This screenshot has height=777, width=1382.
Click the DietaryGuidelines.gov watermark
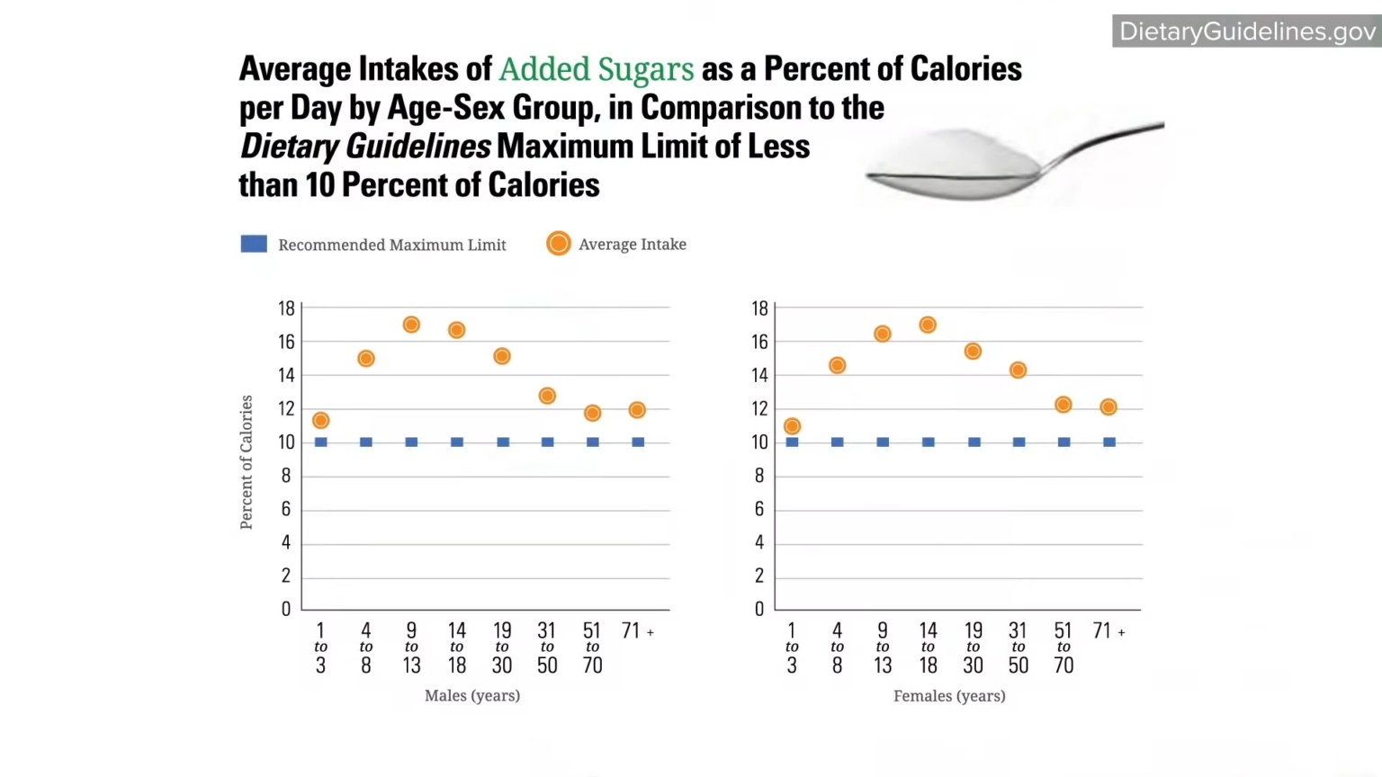click(1247, 31)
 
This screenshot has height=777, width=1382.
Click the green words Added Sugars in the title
click(597, 69)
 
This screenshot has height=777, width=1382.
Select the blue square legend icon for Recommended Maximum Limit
click(254, 244)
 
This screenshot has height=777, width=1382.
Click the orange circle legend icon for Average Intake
click(558, 244)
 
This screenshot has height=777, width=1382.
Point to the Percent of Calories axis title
click(247, 461)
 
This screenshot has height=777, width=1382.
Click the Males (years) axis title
click(472, 695)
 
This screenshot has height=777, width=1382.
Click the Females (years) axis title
click(949, 695)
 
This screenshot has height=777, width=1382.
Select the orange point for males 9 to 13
click(411, 325)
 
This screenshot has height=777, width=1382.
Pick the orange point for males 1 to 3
click(320, 420)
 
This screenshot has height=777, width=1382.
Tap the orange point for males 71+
click(637, 410)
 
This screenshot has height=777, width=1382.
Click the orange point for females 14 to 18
click(928, 325)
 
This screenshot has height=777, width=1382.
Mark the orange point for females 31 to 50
click(1018, 370)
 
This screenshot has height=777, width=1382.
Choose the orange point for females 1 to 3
click(792, 426)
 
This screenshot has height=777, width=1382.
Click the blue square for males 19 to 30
click(503, 442)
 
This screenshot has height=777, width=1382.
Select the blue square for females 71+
click(1109, 442)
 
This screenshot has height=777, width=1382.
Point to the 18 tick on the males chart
click(286, 308)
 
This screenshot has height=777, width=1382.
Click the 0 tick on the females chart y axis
click(759, 609)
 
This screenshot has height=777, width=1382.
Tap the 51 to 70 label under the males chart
click(592, 647)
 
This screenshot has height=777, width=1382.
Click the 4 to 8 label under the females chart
click(837, 647)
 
